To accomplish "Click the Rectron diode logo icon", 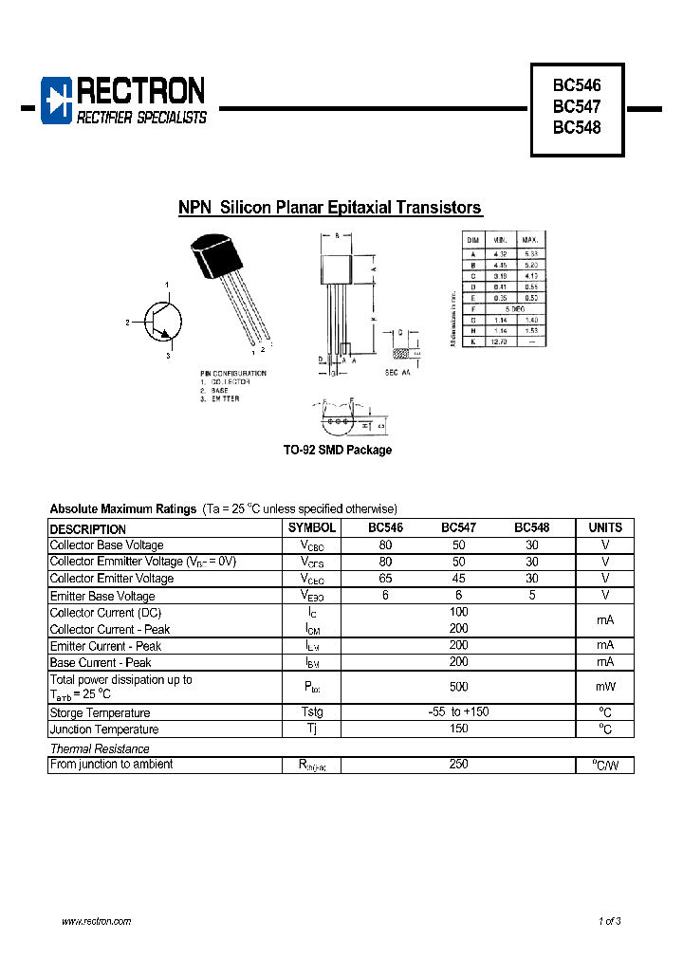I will click(58, 101).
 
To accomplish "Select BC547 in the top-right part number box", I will click(577, 106).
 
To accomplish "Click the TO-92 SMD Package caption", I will click(338, 451).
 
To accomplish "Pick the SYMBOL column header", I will click(311, 528).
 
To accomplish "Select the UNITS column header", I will click(604, 528).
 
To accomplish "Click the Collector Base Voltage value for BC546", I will click(385, 545).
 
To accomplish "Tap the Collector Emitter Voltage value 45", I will click(458, 579).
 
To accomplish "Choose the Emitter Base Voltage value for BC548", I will click(531, 596).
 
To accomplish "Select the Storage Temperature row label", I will click(100, 713).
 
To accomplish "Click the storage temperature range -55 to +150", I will click(458, 712).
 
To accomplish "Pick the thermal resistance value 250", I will click(458, 765).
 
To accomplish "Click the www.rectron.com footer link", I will click(96, 922).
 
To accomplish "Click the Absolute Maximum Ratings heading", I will click(123, 509).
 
